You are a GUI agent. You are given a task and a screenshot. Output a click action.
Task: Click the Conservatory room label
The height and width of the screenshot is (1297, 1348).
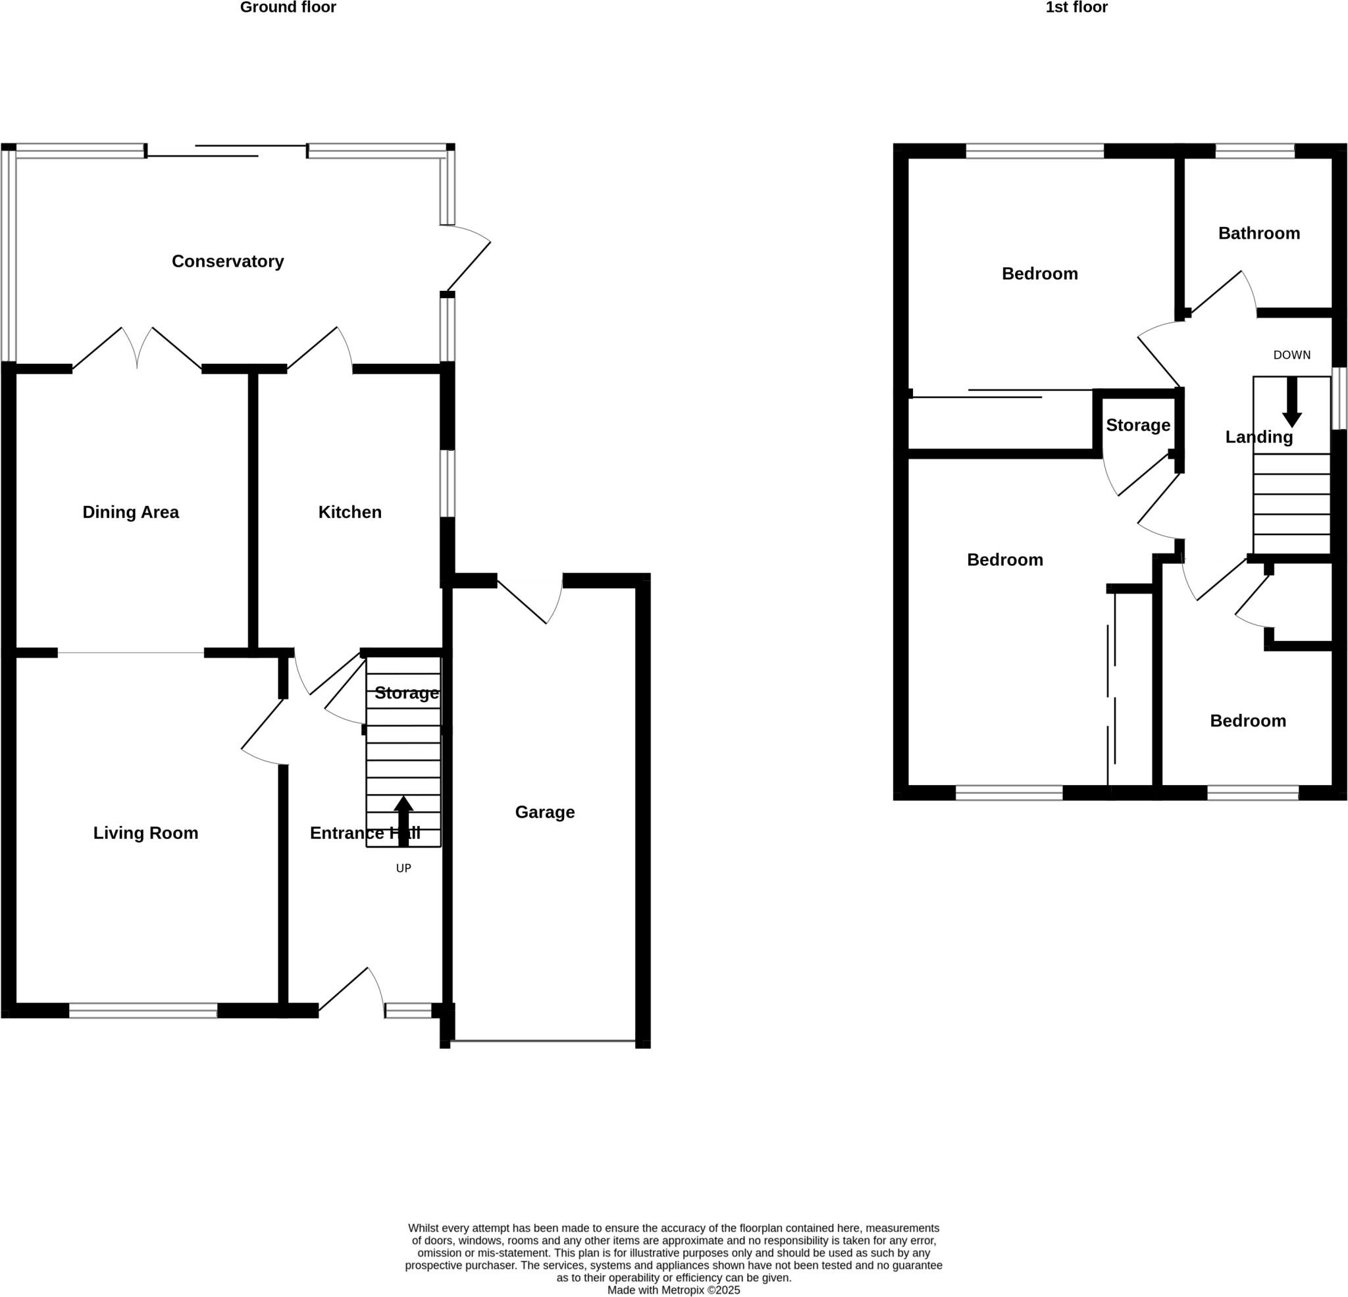[228, 261]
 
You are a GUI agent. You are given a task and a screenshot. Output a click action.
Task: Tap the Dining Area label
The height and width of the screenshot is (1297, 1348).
[131, 513]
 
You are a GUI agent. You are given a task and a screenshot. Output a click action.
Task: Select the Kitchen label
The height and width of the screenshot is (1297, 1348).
[350, 513]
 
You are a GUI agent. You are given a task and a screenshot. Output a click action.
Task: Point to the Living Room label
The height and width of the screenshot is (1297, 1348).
[146, 833]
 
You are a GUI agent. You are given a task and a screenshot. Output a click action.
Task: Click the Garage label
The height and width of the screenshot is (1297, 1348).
[545, 812]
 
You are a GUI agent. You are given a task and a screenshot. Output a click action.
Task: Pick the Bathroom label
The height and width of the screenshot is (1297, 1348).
[1258, 233]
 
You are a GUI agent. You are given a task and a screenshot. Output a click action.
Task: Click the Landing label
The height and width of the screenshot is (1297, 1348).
[1258, 438]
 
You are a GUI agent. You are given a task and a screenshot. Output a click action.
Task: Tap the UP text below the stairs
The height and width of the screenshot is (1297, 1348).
[403, 869]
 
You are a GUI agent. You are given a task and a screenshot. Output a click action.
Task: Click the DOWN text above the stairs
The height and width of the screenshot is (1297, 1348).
[1291, 355]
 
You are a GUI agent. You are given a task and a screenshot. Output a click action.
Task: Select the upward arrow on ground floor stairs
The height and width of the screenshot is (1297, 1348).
[403, 821]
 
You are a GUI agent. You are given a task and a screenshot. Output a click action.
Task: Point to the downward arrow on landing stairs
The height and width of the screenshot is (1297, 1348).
[1291, 402]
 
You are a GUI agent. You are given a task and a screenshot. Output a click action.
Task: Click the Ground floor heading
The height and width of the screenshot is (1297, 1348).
[288, 7]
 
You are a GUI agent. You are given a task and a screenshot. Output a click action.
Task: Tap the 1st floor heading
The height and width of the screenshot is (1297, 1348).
[1076, 7]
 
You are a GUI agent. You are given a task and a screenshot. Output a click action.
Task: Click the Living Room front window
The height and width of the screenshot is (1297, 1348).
[143, 1010]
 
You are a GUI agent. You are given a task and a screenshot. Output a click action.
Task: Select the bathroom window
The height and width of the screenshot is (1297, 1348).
[1255, 151]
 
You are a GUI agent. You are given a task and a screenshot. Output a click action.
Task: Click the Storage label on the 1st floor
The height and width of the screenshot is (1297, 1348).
[1137, 425]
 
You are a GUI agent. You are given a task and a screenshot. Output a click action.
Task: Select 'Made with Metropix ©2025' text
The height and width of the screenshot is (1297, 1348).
[673, 1290]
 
